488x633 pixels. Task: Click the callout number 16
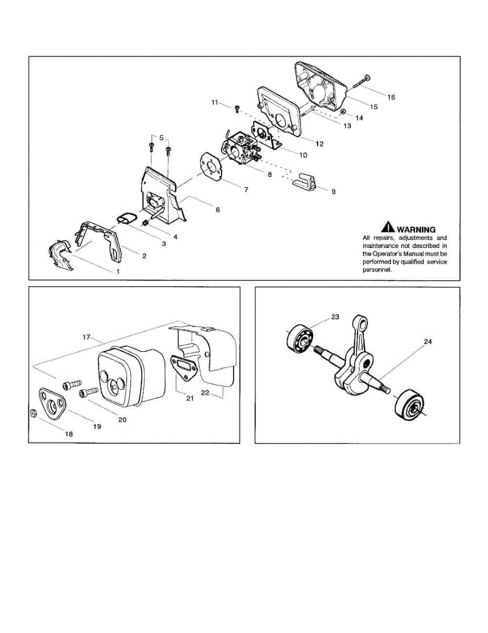(x=391, y=97)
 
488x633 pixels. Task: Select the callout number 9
(x=333, y=191)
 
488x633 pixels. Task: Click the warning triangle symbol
(x=388, y=227)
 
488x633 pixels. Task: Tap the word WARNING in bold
(x=416, y=229)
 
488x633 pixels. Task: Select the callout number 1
(x=118, y=271)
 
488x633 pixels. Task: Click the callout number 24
(x=428, y=342)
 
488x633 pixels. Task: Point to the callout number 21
(x=190, y=398)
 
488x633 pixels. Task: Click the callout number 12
(x=320, y=143)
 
